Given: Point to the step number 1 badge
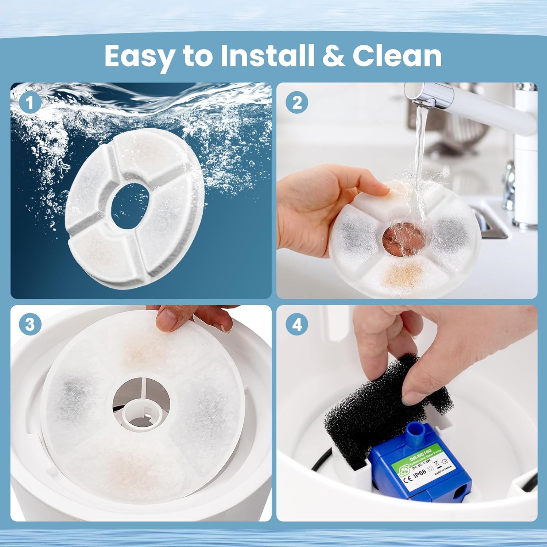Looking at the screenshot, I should pos(30,102).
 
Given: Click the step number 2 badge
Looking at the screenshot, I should pos(297,102).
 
